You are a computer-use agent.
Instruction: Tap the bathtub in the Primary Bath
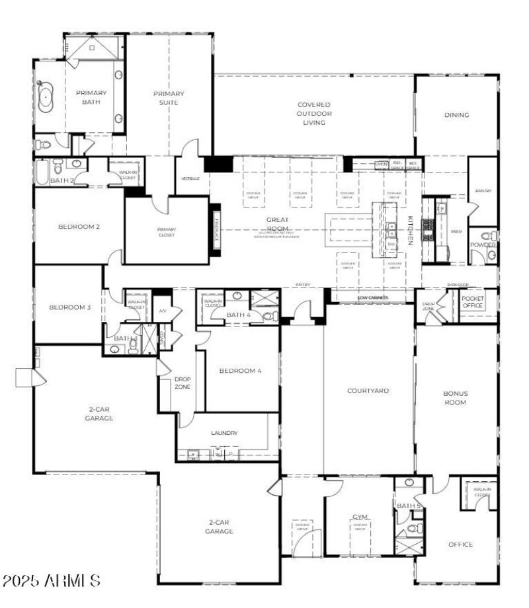tap(46, 97)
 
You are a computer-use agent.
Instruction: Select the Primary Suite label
tap(169, 98)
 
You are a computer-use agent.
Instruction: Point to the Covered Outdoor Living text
tap(314, 114)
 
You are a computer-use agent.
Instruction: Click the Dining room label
tap(456, 115)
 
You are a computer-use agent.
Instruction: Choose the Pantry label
tap(483, 192)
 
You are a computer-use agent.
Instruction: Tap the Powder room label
tap(483, 245)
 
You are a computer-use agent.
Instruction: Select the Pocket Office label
tap(473, 303)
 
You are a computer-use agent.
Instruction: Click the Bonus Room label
tap(455, 398)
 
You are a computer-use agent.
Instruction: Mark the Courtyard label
tap(368, 391)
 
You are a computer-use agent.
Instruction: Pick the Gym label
tap(360, 517)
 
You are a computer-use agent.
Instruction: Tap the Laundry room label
tap(224, 434)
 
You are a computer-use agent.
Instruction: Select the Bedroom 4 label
tap(240, 371)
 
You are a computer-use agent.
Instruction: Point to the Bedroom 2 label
tap(79, 227)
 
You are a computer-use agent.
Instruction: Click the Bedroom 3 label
tap(70, 307)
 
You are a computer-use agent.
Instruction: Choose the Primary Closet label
tap(166, 233)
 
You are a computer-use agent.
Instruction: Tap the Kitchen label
tap(410, 231)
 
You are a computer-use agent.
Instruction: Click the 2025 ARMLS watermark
tap(52, 581)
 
